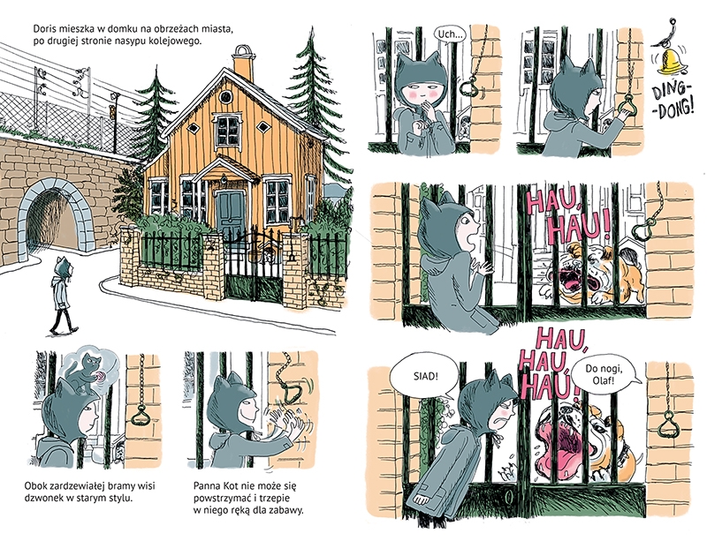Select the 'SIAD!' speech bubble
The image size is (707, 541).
pos(425,376)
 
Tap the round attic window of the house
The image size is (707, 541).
pos(225,96)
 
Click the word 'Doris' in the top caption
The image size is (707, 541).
pos(43,29)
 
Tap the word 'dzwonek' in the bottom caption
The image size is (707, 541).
pos(42,499)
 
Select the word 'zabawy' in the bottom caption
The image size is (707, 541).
pos(288,510)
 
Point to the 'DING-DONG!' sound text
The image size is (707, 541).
pos(673,102)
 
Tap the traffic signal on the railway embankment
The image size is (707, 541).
pos(114,108)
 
